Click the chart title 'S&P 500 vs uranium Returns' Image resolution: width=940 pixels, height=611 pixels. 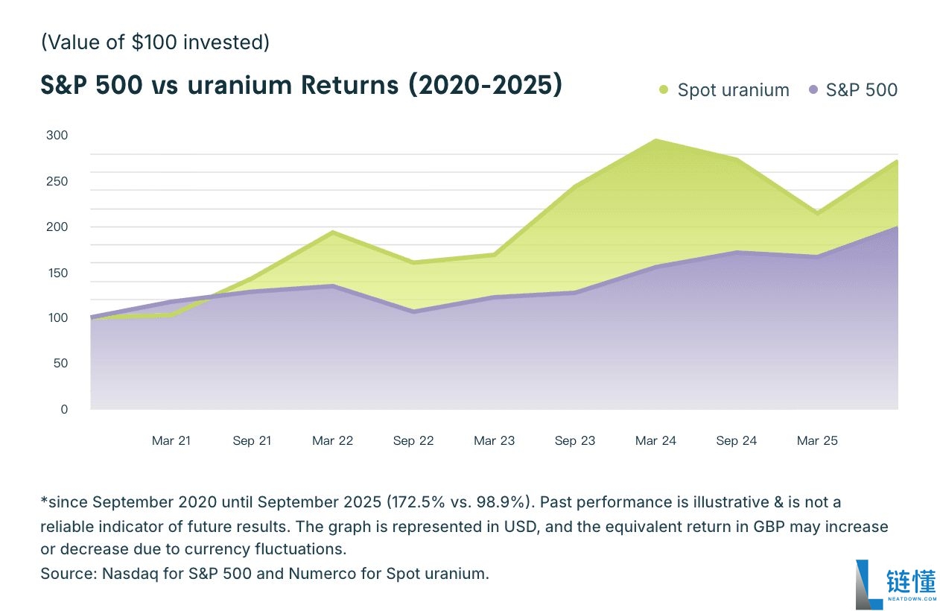pos(301,86)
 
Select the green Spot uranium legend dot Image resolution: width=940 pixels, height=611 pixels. pos(664,90)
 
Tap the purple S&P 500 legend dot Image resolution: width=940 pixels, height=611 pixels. pos(813,90)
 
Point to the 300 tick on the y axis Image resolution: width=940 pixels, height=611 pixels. pos(57,136)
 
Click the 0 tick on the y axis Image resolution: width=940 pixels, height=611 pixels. pos(64,409)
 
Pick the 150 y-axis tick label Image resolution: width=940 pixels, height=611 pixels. pos(57,273)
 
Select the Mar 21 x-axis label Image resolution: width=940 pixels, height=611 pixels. pos(171,441)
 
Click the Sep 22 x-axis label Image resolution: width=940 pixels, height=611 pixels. pos(413,441)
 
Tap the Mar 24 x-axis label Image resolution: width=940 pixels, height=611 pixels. pos(655,441)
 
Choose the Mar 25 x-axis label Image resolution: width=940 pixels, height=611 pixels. pos(817,441)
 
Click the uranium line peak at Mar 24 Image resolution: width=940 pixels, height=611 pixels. pos(655,140)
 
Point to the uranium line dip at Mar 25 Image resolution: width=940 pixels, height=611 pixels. pos(817,213)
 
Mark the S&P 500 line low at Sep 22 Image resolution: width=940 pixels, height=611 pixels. pos(413,311)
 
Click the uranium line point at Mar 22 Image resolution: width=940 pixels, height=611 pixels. pos(333,232)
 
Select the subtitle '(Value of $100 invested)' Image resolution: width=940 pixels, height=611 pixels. pos(155,42)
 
